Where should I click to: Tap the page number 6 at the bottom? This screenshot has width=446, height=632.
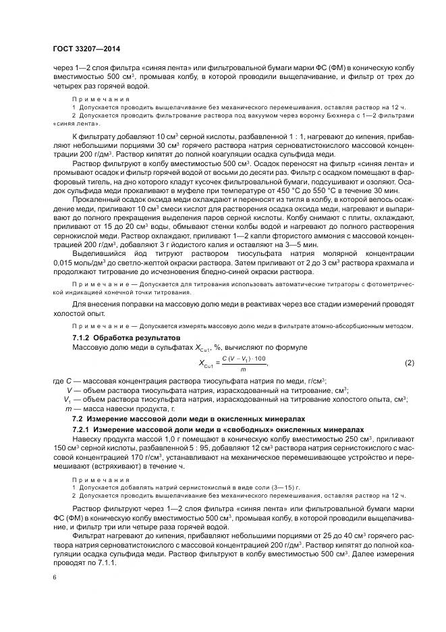(x=54, y=577)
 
